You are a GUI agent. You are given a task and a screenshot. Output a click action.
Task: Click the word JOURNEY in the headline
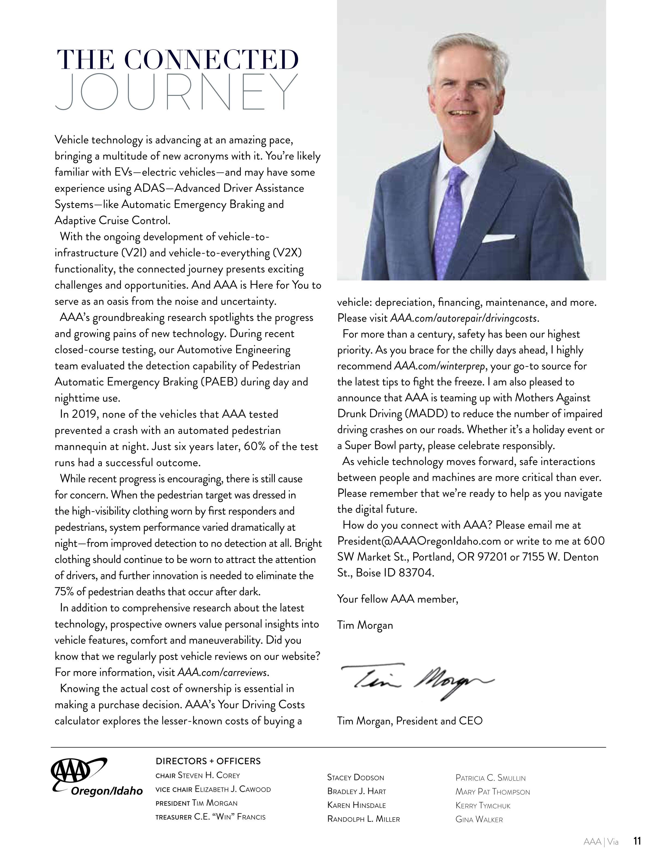176,92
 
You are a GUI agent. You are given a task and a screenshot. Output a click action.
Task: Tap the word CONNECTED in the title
211,60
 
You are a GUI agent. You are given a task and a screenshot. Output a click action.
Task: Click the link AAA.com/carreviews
223,673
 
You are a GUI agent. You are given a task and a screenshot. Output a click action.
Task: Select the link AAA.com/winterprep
439,366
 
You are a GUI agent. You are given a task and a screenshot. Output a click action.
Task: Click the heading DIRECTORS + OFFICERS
208,761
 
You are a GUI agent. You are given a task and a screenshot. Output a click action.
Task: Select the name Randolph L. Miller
363,819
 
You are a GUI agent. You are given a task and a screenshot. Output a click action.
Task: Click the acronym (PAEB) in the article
219,382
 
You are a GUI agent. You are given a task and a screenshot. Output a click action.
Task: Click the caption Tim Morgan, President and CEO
409,721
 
